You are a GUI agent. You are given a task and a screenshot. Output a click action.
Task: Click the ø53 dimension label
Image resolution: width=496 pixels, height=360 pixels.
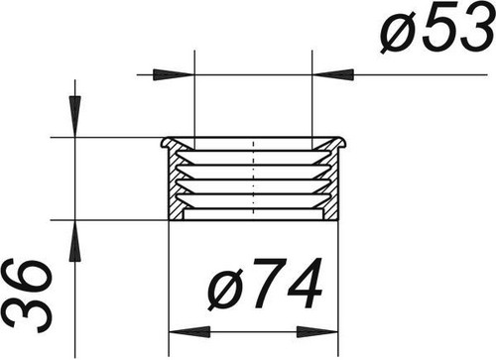coord(437,27)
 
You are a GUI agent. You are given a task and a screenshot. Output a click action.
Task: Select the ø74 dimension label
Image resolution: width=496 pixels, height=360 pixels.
coord(265,284)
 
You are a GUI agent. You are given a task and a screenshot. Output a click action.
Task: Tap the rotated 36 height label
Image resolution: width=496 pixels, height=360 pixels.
coord(27,296)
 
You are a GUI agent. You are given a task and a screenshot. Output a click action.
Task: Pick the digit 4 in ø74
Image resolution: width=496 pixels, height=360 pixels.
coord(305,284)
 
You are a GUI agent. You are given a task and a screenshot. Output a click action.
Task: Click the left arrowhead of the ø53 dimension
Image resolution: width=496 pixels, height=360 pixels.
coord(173,74)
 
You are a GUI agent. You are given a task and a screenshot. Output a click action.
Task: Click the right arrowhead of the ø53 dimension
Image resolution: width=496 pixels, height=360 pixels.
coord(333,74)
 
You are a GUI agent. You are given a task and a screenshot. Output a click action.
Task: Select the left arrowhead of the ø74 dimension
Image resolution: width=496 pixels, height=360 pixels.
coord(189,331)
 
